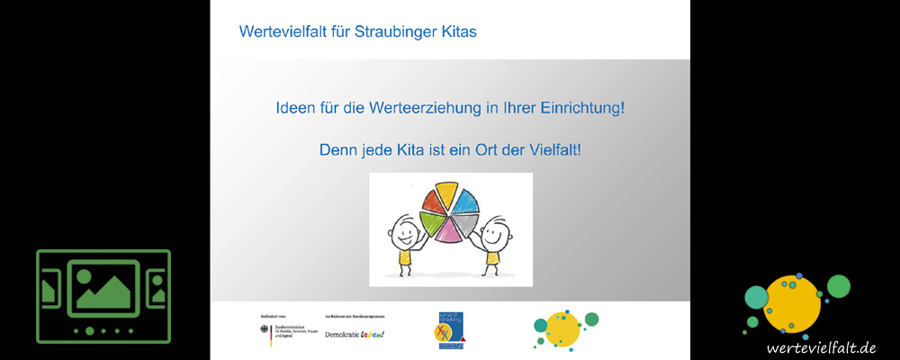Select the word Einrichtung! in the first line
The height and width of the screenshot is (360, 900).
580,108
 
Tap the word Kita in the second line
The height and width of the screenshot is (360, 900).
415,149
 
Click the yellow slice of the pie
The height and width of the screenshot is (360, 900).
447,194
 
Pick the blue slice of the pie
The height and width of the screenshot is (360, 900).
472,203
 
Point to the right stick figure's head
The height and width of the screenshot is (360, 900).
494,237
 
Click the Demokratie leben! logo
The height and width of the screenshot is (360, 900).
354,335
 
